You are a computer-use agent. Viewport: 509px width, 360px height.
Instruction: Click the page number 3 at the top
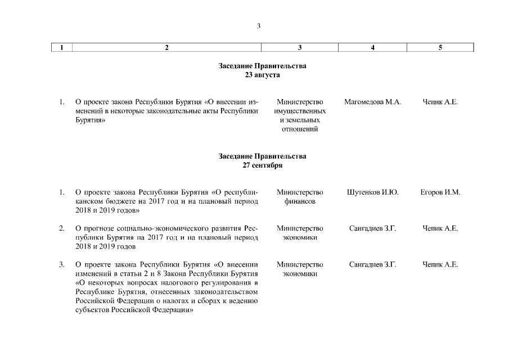pos(258,26)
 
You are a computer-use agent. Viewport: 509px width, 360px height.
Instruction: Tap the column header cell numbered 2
pos(167,48)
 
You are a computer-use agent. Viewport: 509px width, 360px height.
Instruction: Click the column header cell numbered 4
pos(372,48)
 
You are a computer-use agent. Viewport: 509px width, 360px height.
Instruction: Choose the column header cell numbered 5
pos(440,48)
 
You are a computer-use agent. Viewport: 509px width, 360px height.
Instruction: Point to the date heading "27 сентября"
pos(262,166)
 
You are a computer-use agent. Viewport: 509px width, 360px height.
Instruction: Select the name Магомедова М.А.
pos(372,102)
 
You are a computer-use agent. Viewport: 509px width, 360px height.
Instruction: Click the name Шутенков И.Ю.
pos(372,193)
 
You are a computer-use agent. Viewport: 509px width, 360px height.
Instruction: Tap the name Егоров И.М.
pos(440,193)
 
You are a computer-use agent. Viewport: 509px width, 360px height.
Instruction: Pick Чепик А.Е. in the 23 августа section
pos(440,102)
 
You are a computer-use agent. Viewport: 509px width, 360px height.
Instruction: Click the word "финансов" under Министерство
pos(300,202)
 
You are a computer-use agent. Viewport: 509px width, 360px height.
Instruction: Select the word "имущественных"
pos(300,111)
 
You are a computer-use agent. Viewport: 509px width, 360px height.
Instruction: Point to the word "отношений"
pos(300,129)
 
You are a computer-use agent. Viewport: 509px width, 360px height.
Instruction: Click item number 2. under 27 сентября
pos(62,228)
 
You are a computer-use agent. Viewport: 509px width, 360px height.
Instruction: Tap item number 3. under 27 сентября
pos(62,264)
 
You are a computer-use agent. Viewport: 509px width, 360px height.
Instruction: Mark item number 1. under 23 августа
pos(62,102)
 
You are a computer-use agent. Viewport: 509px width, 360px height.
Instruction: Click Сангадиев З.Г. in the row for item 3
pos(372,264)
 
